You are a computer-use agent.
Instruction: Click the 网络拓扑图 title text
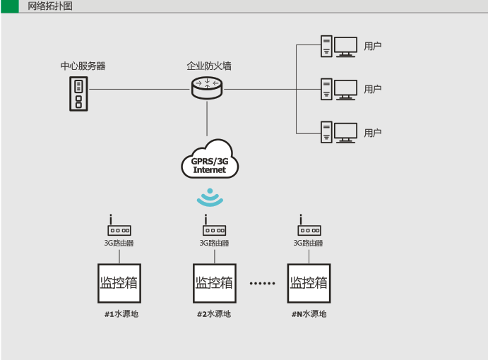pyautogui.click(x=49, y=6)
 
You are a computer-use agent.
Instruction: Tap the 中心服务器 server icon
pyautogui.click(x=79, y=94)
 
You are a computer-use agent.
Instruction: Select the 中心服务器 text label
pyautogui.click(x=83, y=66)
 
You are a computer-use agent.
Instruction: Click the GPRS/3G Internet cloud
pyautogui.click(x=209, y=162)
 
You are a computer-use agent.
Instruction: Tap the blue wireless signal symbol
pyautogui.click(x=209, y=197)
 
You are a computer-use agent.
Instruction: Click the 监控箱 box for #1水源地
pyautogui.click(x=118, y=284)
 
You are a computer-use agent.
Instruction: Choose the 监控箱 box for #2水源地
pyautogui.click(x=213, y=284)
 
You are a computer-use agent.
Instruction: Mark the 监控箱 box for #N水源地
pyautogui.click(x=309, y=284)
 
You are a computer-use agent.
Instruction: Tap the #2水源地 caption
pyautogui.click(x=213, y=314)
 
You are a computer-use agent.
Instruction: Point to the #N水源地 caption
pyautogui.click(x=309, y=314)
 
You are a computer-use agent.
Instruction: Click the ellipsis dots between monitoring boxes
pyautogui.click(x=262, y=284)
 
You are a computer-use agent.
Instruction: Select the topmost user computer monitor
pyautogui.click(x=345, y=47)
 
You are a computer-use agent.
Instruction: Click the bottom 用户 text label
pyautogui.click(x=373, y=132)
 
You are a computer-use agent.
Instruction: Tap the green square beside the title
pyautogui.click(x=10, y=6)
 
